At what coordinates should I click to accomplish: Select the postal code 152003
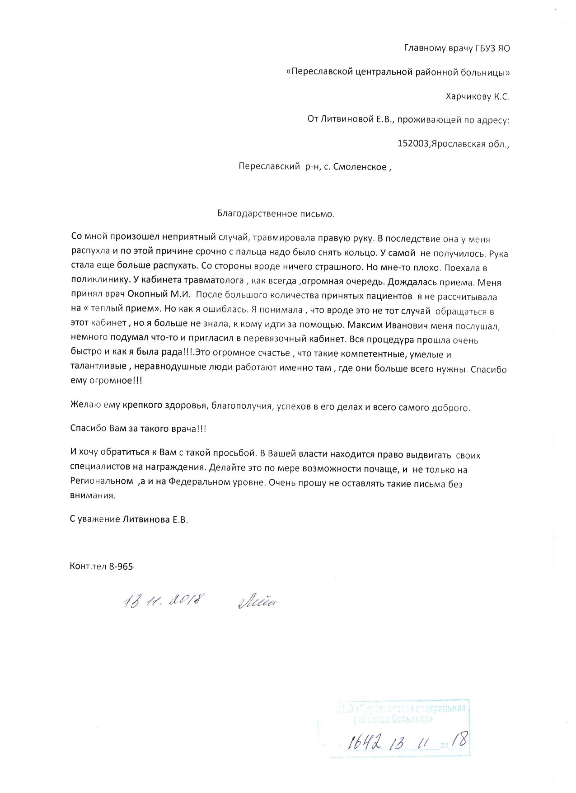413,144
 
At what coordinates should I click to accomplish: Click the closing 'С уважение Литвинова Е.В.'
129,519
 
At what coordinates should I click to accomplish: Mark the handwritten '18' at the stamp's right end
460,739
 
